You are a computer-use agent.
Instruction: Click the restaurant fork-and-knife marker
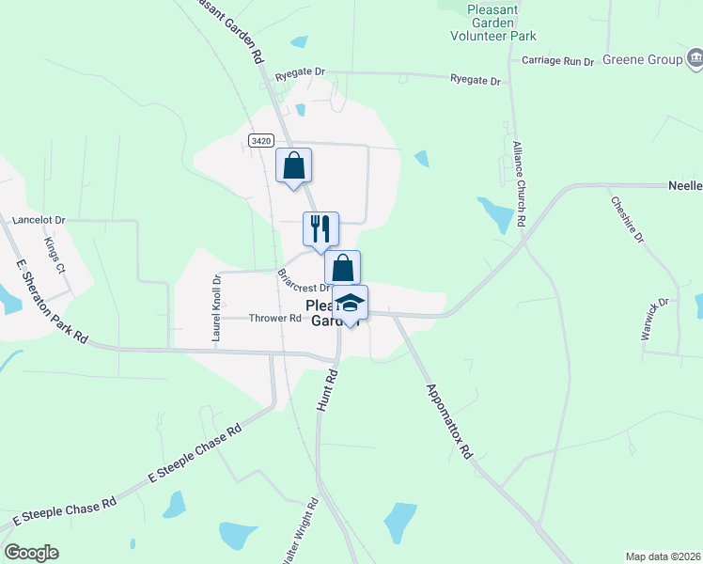320,228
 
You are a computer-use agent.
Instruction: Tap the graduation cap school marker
350,303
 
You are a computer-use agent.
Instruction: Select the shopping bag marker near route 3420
294,165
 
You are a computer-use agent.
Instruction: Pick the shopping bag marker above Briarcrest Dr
343,267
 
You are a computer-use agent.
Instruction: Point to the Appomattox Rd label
449,420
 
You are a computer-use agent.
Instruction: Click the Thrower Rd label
274,318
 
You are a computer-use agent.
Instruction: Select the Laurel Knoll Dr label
216,306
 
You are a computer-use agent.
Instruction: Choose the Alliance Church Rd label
518,183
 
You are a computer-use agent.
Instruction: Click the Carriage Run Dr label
558,61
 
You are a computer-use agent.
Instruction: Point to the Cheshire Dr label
627,220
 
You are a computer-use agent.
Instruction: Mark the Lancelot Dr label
39,220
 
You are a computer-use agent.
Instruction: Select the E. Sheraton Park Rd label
52,304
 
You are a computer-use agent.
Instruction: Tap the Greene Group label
643,60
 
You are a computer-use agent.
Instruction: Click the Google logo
31,553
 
